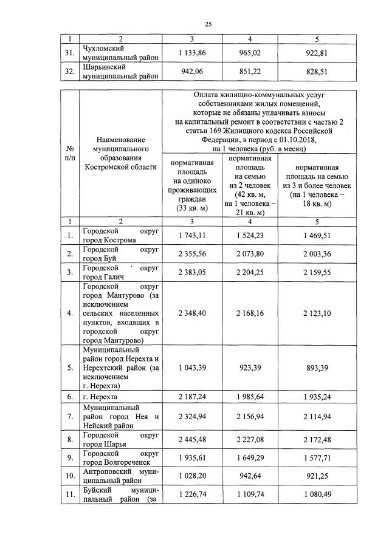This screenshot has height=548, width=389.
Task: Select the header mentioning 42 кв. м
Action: tap(252, 186)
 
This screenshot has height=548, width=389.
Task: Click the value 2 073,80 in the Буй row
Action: tap(252, 253)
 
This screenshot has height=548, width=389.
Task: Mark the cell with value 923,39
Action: tap(252, 368)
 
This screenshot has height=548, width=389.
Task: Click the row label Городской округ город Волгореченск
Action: tap(120, 457)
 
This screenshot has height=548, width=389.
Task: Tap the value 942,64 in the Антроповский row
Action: tap(252, 476)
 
